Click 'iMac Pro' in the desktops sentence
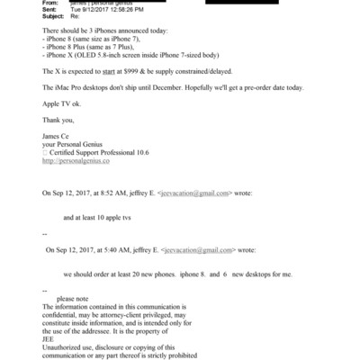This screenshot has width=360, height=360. pos(71,86)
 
